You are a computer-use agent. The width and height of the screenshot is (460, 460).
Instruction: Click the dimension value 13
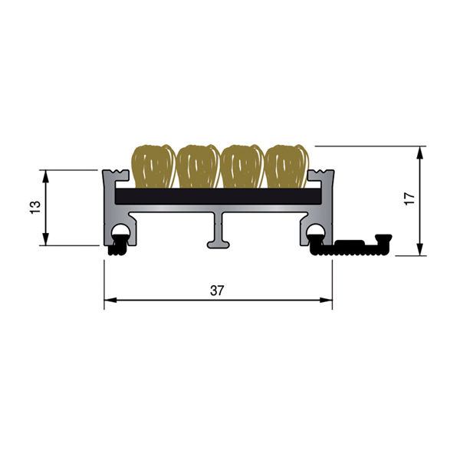click(33, 208)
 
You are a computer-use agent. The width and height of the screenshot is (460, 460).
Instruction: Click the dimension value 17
click(409, 198)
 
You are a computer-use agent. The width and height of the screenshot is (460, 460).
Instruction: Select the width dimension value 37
click(217, 290)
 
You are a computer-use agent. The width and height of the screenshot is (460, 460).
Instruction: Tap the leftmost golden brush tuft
click(152, 166)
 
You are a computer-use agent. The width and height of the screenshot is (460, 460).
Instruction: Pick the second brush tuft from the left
click(197, 166)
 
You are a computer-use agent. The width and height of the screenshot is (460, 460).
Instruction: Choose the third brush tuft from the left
click(241, 166)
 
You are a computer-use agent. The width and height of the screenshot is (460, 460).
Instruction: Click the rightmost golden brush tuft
click(285, 166)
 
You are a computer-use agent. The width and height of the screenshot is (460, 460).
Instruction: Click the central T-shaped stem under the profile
click(218, 233)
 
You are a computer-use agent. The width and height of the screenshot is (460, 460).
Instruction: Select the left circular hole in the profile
click(120, 233)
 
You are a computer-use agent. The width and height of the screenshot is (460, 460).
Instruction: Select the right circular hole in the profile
click(315, 233)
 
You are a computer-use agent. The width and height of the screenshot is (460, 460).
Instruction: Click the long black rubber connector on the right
click(353, 246)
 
